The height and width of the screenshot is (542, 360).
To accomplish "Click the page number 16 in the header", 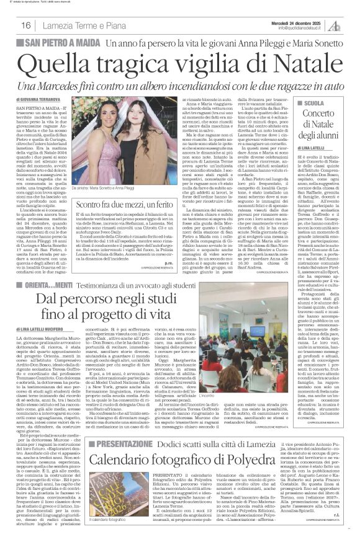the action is click(26, 25).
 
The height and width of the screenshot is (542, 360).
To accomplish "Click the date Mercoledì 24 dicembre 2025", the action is click(304, 20).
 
